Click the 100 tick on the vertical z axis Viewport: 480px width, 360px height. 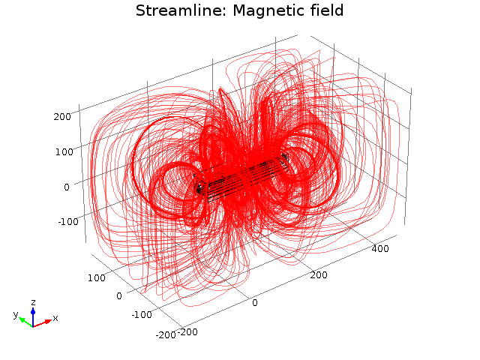click(x=61, y=151)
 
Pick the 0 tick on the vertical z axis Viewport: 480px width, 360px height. click(x=67, y=186)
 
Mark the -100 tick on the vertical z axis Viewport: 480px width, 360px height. click(x=59, y=221)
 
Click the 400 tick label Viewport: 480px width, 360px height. click(x=379, y=249)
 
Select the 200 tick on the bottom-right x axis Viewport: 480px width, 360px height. click(x=319, y=276)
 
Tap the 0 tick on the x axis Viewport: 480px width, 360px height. click(x=254, y=302)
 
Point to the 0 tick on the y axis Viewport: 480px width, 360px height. click(x=118, y=296)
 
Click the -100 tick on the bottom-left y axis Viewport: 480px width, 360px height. click(x=139, y=315)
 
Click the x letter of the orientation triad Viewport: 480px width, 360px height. click(x=55, y=318)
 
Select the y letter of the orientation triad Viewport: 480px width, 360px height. click(x=15, y=315)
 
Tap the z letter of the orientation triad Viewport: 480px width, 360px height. click(x=33, y=301)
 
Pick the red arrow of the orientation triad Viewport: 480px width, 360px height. click(x=43, y=322)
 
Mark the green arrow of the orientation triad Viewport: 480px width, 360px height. click(x=25, y=320)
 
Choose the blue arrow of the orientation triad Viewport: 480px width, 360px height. click(x=33, y=313)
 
